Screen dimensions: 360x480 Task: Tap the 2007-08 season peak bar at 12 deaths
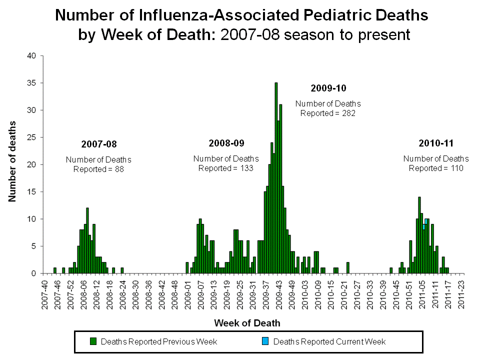(87, 240)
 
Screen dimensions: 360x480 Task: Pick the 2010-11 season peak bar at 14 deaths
(419, 235)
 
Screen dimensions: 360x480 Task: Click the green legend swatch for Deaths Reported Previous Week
(93, 341)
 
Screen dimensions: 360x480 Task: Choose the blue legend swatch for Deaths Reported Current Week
(265, 341)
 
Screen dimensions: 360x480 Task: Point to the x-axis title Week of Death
(247, 323)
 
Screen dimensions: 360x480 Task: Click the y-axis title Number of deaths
(12, 160)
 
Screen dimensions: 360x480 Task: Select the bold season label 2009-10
(328, 88)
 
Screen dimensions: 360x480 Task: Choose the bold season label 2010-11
(436, 143)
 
